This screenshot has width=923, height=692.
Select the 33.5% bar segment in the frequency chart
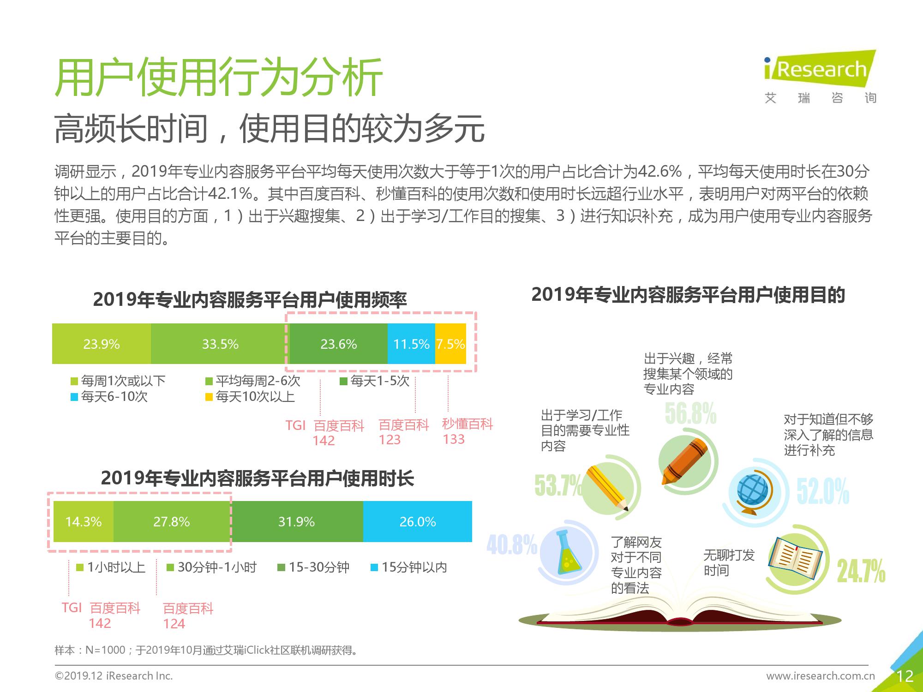point(220,344)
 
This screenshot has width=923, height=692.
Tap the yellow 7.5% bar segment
point(450,344)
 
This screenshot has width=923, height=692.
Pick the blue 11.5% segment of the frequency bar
point(411,344)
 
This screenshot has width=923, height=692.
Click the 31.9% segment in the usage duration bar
point(296,521)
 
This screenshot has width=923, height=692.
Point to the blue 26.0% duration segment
point(418,521)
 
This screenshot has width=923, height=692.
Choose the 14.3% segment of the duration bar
point(84,521)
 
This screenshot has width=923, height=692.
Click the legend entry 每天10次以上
point(250,396)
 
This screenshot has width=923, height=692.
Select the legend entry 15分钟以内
point(409,567)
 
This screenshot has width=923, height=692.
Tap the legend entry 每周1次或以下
point(118,381)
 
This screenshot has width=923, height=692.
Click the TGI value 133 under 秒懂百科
point(454,439)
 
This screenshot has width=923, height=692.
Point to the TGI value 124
point(174,624)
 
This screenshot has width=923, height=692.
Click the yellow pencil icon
point(607,489)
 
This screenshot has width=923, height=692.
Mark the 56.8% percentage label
point(691,413)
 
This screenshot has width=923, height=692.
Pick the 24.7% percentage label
point(861,571)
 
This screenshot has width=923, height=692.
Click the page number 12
point(905,676)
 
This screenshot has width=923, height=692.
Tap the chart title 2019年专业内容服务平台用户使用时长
point(258,478)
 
